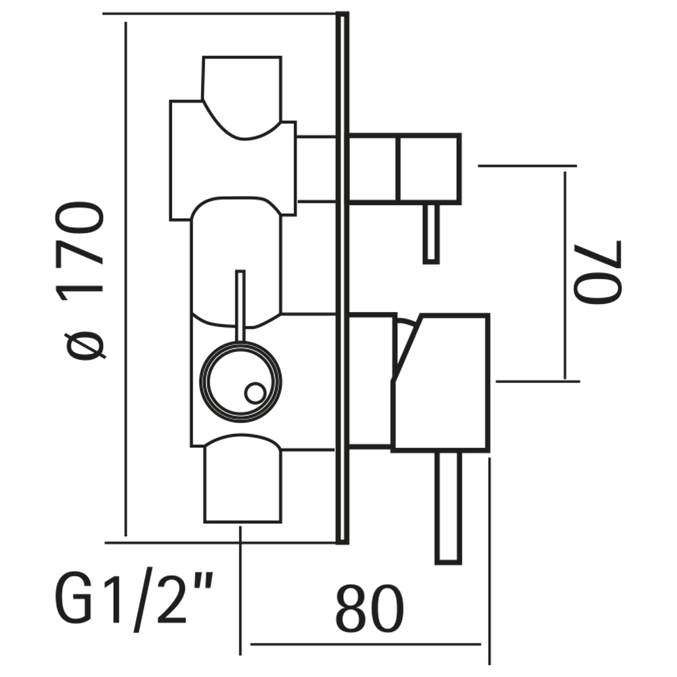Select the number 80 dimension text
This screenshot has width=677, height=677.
coord(370,609)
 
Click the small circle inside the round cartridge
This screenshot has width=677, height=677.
coord(255,393)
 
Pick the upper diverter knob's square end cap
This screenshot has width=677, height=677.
coord(429,168)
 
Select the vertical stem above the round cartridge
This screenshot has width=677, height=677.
coord(239,305)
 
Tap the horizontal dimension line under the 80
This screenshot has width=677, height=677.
coord(366,644)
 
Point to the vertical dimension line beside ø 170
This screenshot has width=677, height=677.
coord(125,278)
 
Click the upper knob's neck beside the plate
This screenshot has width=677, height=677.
coord(318,168)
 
